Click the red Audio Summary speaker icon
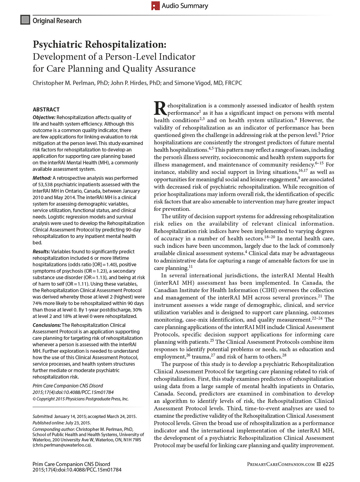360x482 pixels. (x=155, y=6)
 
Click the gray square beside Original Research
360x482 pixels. (x=25, y=20)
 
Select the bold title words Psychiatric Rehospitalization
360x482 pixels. (x=99, y=44)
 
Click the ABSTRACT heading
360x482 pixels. (x=46, y=110)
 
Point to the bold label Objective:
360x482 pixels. (x=44, y=117)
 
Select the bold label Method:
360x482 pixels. (x=42, y=178)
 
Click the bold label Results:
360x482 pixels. (x=41, y=251)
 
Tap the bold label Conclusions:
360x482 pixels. (x=47, y=325)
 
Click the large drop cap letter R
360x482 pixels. (x=160, y=109)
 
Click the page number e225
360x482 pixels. (x=328, y=464)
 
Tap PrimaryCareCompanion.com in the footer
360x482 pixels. (x=281, y=464)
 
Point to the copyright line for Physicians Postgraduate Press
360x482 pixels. (x=81, y=399)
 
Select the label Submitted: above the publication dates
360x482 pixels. (x=43, y=416)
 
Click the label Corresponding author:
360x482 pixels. (x=54, y=429)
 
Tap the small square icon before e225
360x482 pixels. (x=319, y=464)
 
